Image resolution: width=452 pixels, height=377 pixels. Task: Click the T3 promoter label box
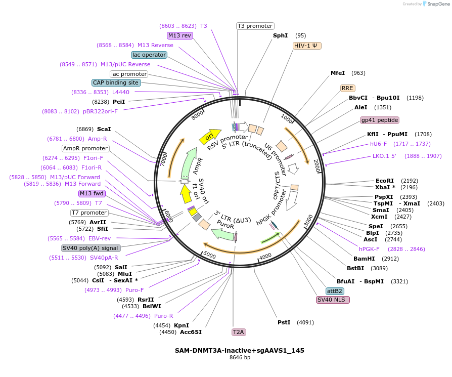[x=255, y=26]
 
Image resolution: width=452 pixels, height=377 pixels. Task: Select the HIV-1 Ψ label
[x=307, y=46]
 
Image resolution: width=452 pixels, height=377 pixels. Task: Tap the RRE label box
[x=347, y=88]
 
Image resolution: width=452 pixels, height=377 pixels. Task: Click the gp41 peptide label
[x=379, y=120]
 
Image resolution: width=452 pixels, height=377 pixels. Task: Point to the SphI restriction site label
[x=280, y=35]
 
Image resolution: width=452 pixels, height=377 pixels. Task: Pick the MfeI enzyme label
[x=338, y=73]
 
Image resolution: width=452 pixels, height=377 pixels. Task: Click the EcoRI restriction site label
[x=384, y=181]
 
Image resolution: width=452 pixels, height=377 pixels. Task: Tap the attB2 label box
[x=335, y=291]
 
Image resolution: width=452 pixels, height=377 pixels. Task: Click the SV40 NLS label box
[x=333, y=300]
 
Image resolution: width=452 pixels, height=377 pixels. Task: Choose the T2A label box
[x=238, y=332]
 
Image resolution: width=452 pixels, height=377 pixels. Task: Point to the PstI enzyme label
[x=284, y=322]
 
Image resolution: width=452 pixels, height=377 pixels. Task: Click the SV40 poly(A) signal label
[x=91, y=248]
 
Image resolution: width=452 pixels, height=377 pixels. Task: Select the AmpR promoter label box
[x=85, y=148]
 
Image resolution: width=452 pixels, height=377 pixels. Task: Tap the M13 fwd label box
[x=92, y=193]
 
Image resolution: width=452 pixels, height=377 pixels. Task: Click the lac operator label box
[x=149, y=55]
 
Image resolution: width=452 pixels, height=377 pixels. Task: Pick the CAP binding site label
[x=115, y=82]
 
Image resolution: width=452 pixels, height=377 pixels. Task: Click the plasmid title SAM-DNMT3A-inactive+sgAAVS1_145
[x=240, y=350]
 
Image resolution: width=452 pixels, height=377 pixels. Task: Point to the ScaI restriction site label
[x=104, y=129]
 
